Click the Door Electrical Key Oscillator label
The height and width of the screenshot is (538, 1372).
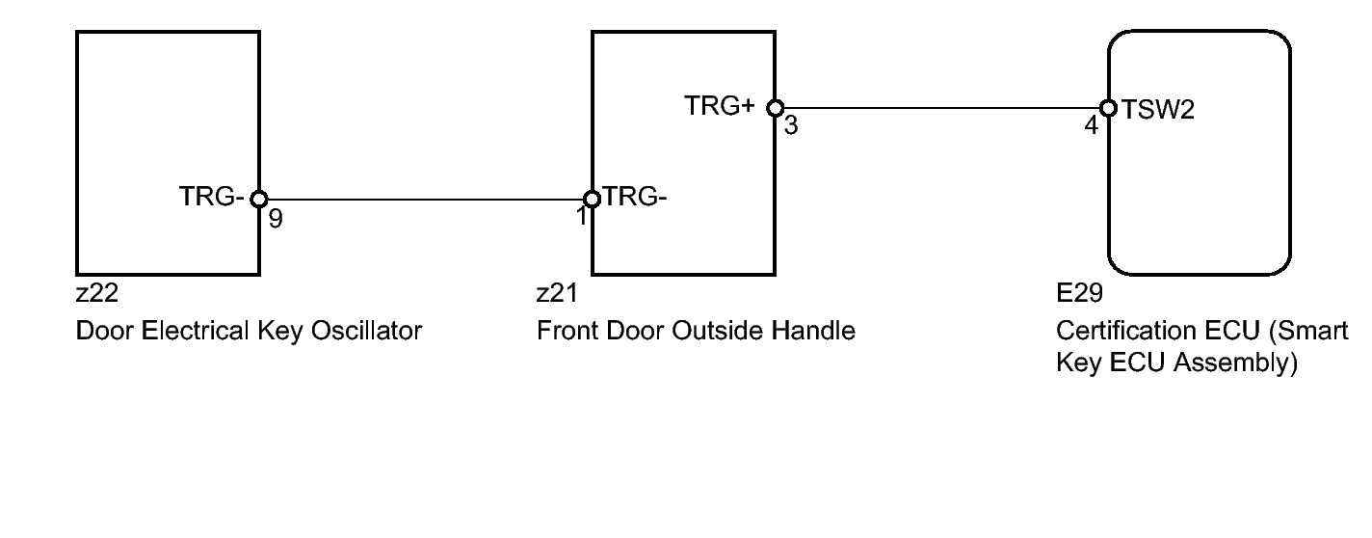249,332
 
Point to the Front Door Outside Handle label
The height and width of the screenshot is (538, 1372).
696,332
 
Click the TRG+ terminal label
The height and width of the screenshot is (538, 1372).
720,106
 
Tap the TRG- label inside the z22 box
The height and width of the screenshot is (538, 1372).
210,197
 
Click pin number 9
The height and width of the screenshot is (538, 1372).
276,220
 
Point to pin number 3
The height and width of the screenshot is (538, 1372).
791,126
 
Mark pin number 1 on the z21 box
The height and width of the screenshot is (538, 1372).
581,218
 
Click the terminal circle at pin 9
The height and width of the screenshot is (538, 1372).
258,200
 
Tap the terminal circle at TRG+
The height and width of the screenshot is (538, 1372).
776,108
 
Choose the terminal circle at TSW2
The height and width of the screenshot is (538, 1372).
1108,108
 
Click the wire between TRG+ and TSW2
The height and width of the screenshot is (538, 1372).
942,108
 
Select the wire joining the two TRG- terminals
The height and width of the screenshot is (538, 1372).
425,200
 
